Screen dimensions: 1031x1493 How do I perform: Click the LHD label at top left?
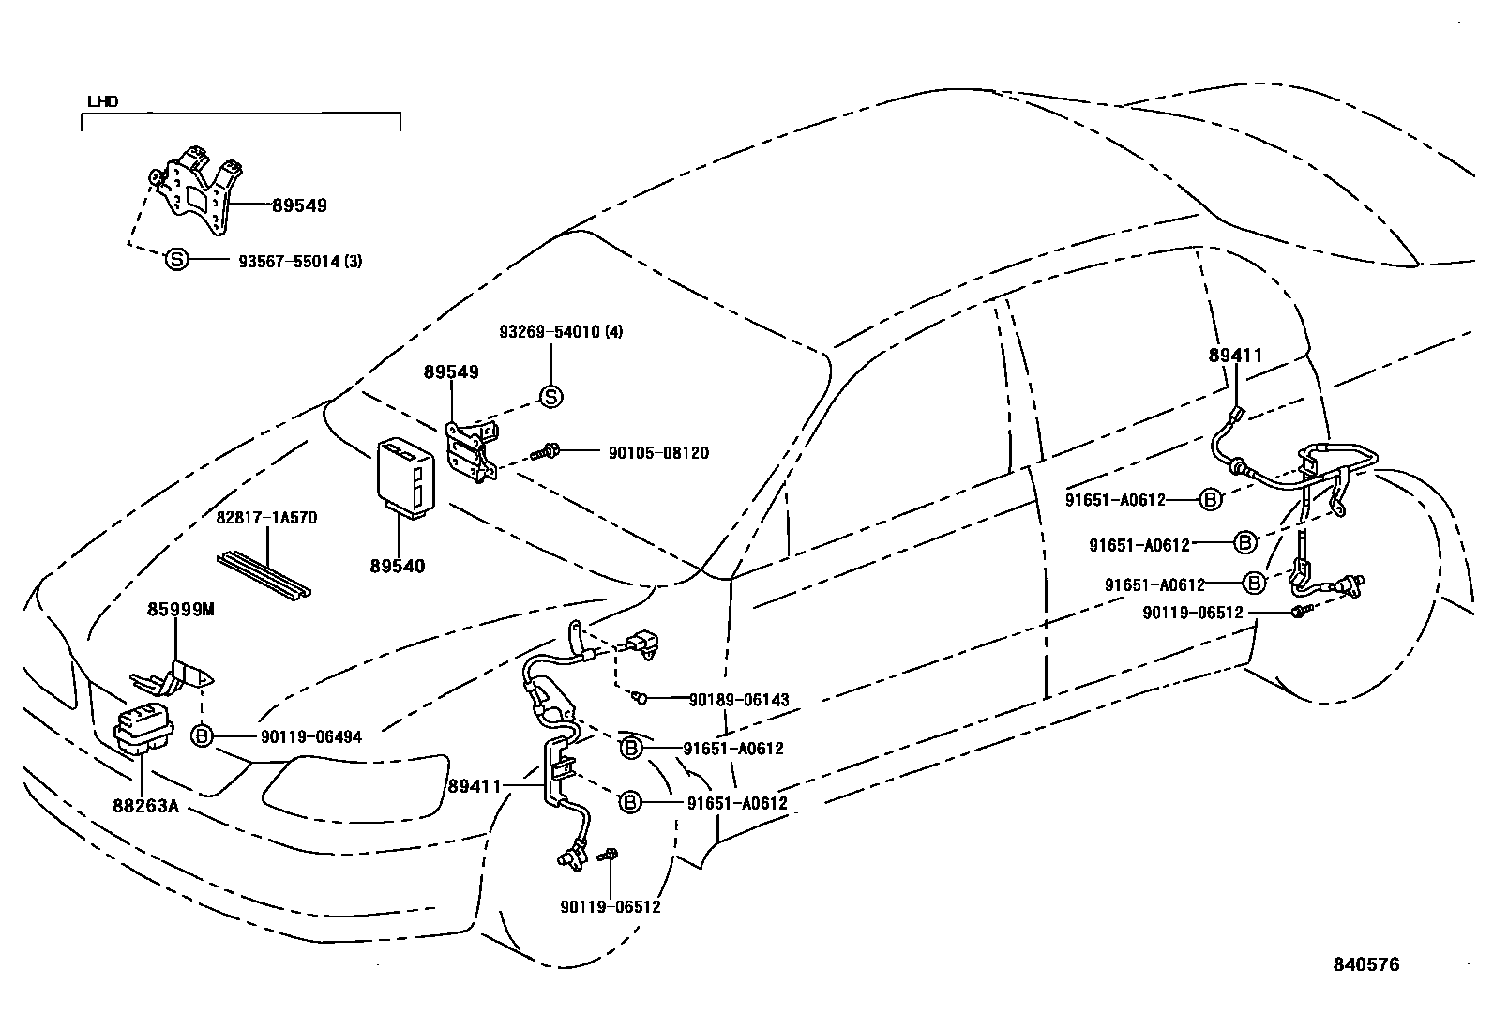point(102,101)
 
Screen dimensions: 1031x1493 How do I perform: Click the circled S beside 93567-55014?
point(176,260)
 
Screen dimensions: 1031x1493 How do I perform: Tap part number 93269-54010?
point(560,332)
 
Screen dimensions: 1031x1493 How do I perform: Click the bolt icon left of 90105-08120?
point(546,452)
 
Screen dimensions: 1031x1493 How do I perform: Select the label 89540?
point(397,567)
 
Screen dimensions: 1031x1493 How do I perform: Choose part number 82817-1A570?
point(266,518)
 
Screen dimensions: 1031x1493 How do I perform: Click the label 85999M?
point(180,610)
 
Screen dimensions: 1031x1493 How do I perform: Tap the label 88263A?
point(145,804)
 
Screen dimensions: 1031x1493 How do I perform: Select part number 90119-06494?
point(310,737)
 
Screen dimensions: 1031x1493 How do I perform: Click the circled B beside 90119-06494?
point(202,736)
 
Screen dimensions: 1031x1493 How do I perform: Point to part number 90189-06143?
point(738,700)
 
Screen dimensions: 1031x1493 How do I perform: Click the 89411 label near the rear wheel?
point(1235,356)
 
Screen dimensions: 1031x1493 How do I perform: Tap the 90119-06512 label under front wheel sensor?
point(611,907)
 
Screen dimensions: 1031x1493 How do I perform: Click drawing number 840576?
point(1366,964)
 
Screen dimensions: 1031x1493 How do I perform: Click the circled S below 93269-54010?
point(551,397)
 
